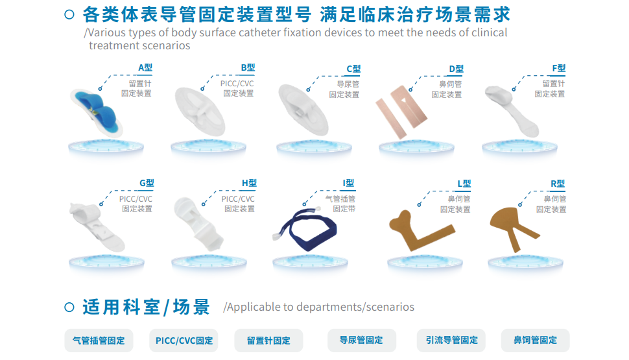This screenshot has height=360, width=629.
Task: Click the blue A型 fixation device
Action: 96,112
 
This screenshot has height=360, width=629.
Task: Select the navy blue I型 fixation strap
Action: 305,230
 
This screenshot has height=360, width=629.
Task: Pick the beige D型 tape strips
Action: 401,112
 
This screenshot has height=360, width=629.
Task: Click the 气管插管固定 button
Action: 99,341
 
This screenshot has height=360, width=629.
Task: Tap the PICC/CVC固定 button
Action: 184,341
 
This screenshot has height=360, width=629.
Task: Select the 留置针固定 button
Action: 268,341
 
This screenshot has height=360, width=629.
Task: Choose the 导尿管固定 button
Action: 362,340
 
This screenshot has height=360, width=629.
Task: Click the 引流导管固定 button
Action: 451,340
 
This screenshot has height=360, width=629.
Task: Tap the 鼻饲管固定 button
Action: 536,340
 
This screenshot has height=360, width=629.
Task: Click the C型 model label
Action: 353,69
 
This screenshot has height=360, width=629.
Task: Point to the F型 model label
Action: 559,69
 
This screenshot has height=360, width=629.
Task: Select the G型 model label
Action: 147,184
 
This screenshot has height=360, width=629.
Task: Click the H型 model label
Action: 249,184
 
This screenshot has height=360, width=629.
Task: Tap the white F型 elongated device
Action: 512,110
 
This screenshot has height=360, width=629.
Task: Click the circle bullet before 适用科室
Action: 69,307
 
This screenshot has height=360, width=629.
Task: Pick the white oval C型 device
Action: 303,110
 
